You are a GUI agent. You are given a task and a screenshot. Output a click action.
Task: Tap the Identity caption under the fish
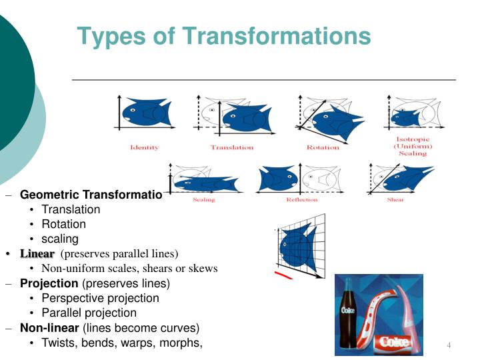click(144, 147)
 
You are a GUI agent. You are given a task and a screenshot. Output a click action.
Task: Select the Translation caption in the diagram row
click(232, 147)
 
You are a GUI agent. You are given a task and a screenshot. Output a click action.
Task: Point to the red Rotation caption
click(323, 147)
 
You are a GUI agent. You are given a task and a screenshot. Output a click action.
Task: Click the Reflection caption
click(302, 200)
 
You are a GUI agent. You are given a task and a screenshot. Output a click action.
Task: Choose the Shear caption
click(395, 200)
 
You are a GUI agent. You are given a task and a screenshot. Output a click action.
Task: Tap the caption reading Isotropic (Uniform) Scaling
click(413, 146)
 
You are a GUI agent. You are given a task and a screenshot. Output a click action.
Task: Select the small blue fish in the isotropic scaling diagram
click(405, 118)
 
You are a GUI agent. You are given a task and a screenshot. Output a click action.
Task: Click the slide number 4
click(449, 345)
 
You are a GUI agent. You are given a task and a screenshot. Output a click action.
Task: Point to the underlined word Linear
click(37, 254)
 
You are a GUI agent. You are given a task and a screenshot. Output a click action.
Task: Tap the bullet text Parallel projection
click(89, 313)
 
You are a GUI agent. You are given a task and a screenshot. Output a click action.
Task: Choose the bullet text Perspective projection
click(100, 298)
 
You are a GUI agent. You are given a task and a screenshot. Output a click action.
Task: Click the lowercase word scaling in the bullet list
click(60, 239)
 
